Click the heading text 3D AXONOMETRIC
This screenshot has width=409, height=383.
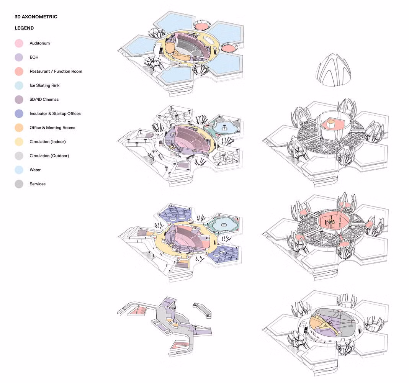pos(36,17)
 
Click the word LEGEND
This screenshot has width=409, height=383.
pos(24,28)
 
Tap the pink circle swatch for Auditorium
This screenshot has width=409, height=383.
pos(20,44)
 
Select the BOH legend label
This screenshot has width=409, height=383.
pos(34,57)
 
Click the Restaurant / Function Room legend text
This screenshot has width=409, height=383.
pos(56,72)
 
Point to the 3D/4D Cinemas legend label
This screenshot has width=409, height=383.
pos(44,100)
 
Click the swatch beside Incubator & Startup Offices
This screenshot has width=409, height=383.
pos(20,114)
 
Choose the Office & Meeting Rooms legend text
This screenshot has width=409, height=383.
pos(52,128)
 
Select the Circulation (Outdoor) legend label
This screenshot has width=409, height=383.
pos(49,156)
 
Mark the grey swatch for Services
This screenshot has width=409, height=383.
pos(20,184)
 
